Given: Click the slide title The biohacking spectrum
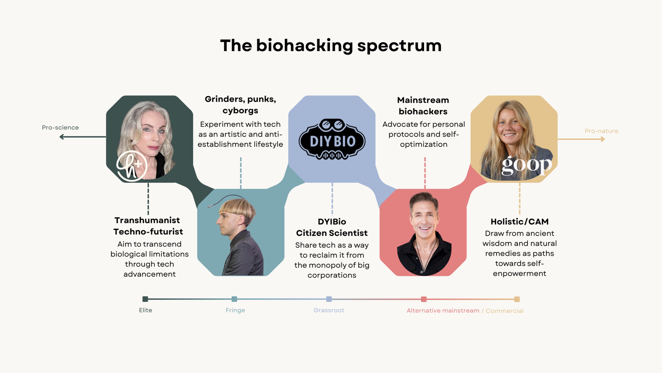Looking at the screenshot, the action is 331,46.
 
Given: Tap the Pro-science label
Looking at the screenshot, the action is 60,127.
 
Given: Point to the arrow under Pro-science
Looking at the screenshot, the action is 82,137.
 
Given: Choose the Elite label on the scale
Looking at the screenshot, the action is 146,310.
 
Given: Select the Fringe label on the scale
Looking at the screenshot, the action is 235,310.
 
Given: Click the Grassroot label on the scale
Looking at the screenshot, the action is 329,310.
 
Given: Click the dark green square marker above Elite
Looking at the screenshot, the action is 145,299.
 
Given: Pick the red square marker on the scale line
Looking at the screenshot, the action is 424,299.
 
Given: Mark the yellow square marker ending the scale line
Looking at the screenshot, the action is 517,299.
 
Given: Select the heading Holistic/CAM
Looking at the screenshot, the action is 520,222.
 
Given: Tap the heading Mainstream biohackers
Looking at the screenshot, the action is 423,106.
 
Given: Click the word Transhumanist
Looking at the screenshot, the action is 147,220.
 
